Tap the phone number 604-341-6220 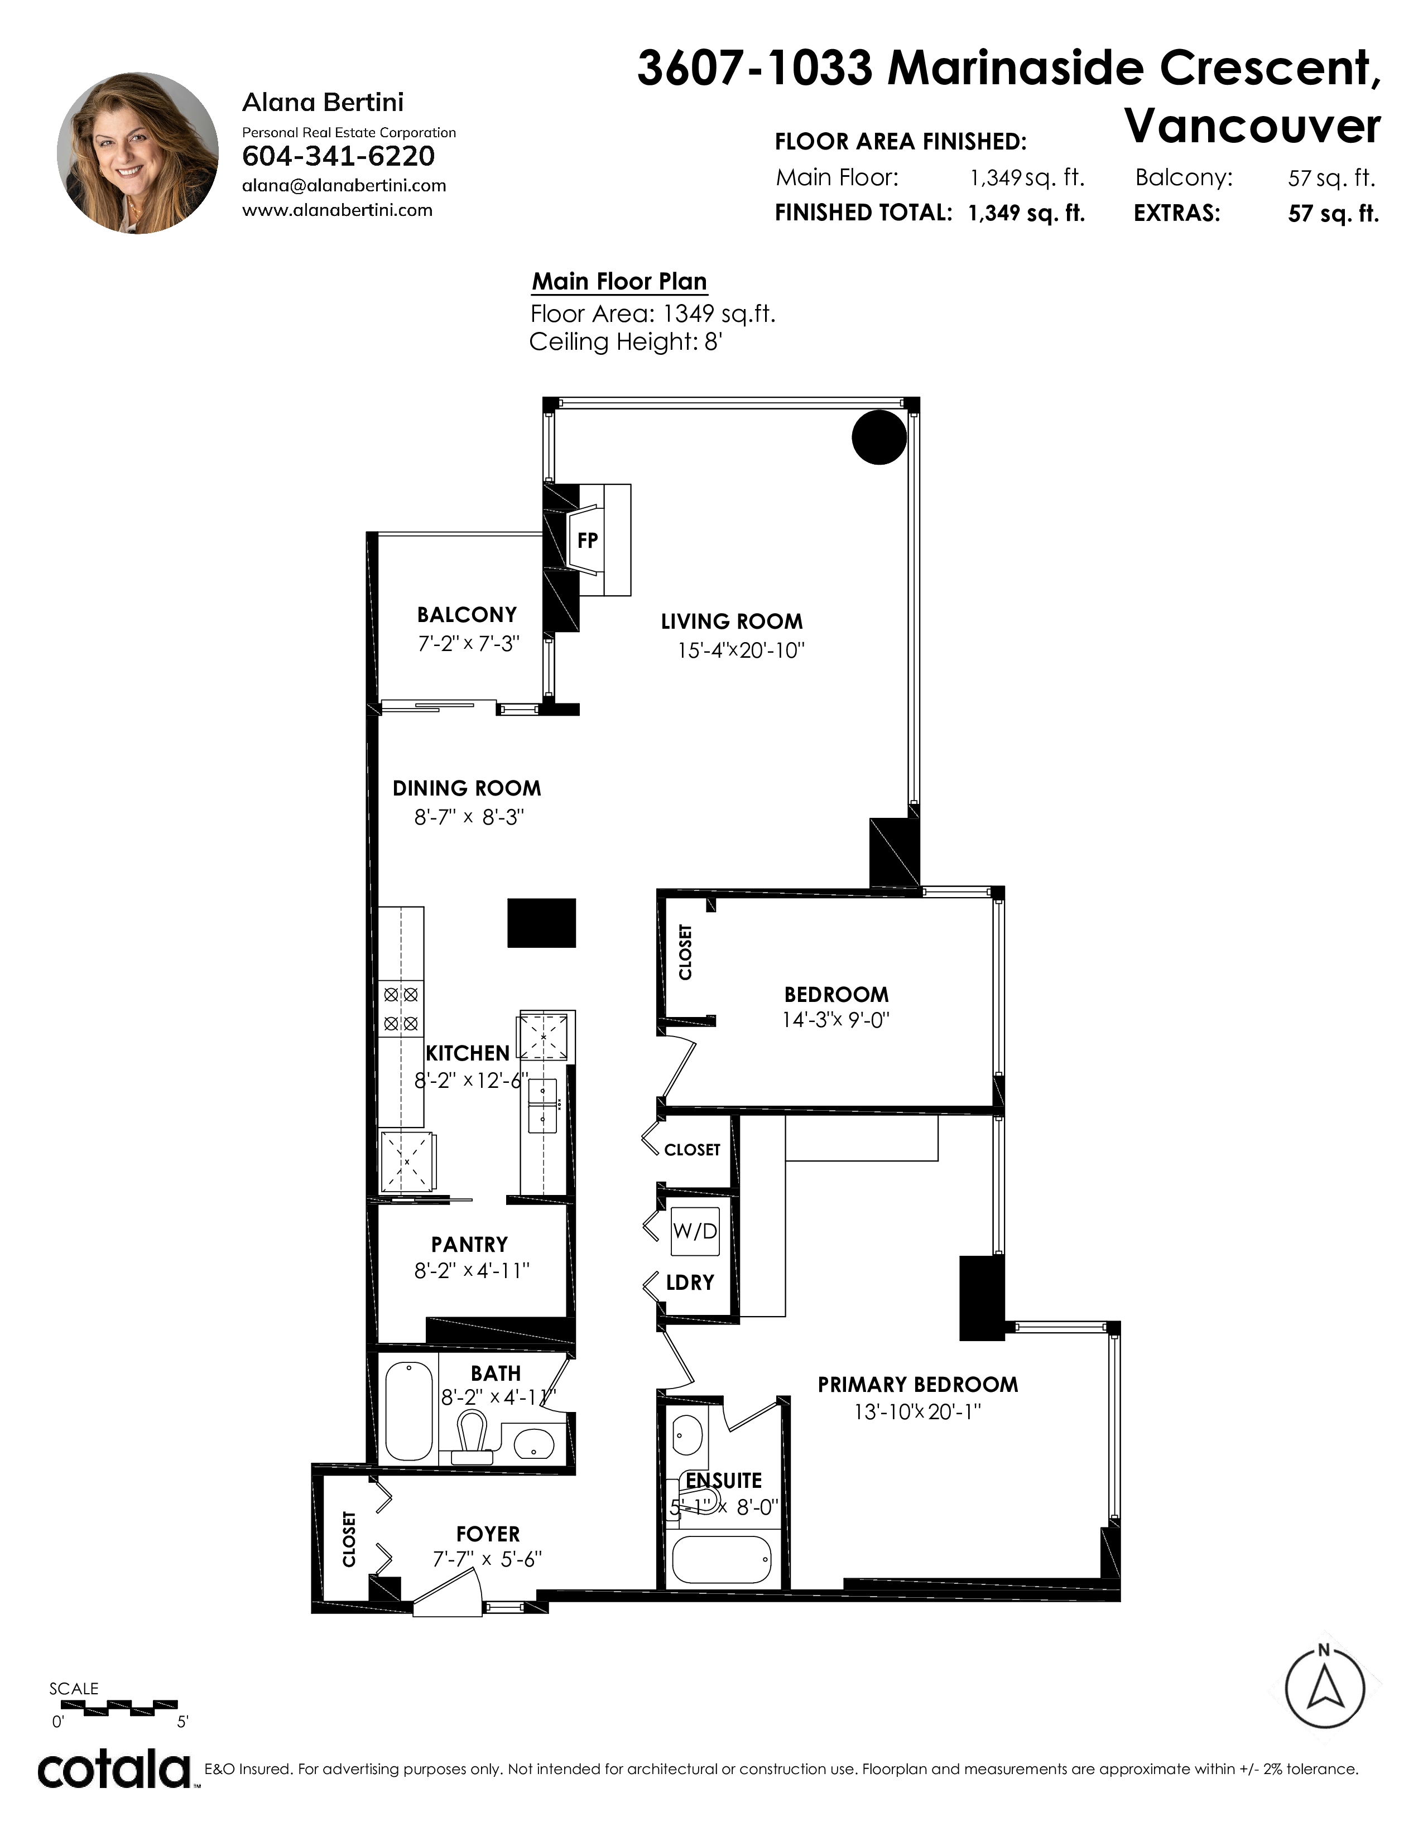click(x=338, y=156)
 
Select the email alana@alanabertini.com click(x=344, y=185)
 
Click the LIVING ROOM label click(x=732, y=622)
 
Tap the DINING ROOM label click(x=467, y=788)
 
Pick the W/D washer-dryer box click(x=695, y=1232)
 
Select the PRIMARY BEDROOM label click(x=918, y=1384)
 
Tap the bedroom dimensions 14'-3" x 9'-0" click(x=835, y=1020)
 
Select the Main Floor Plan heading click(x=619, y=282)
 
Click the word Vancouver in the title click(x=1253, y=127)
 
